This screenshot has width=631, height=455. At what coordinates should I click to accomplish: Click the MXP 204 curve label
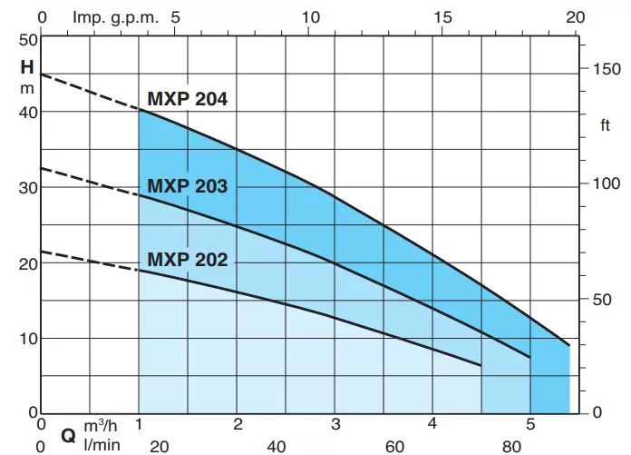(188, 100)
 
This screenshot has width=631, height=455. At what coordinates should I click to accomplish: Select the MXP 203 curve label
(188, 187)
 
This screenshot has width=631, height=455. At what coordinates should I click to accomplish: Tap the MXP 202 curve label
(188, 260)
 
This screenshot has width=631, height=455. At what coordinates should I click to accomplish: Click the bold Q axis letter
(68, 435)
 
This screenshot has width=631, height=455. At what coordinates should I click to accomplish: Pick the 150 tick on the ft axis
(603, 69)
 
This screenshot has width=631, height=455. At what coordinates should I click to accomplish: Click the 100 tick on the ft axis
(603, 183)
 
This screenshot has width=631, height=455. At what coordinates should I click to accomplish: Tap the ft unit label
(606, 124)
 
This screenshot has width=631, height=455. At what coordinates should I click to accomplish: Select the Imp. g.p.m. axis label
(107, 17)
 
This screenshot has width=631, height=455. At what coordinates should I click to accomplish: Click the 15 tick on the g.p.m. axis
(443, 17)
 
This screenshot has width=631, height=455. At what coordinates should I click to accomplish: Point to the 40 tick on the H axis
(27, 112)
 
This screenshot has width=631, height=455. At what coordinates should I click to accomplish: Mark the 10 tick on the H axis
(27, 339)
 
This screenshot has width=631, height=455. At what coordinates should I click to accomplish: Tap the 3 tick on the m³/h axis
(335, 424)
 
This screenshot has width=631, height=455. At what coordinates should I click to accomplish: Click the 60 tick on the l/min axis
(394, 445)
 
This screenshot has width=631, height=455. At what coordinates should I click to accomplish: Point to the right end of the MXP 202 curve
(480, 365)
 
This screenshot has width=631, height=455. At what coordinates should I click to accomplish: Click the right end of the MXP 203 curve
(529, 357)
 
